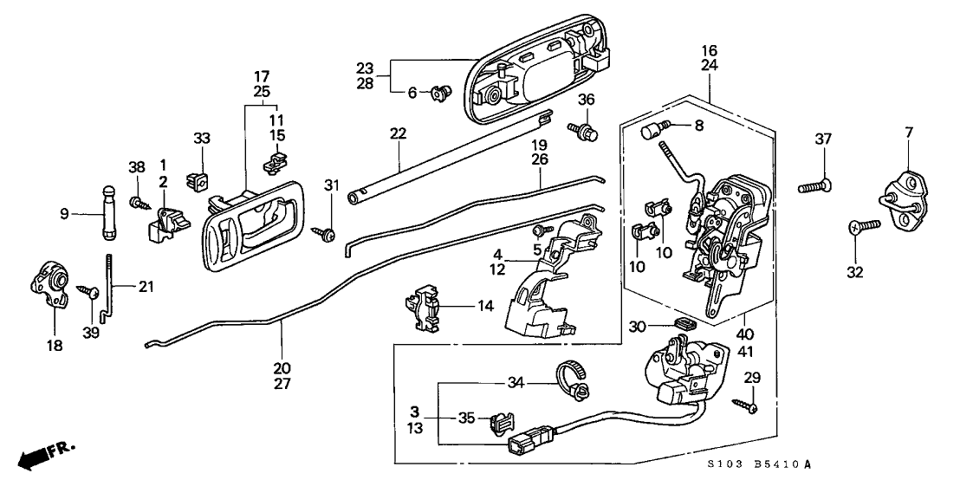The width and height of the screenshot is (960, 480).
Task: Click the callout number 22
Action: click(x=398, y=133)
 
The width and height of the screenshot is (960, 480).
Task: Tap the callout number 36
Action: click(x=587, y=101)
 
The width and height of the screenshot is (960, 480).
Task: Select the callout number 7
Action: click(x=908, y=133)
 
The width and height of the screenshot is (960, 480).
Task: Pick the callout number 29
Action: click(x=752, y=378)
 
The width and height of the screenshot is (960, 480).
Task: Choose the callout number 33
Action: click(x=201, y=139)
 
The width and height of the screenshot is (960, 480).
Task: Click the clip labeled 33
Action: click(x=198, y=178)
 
